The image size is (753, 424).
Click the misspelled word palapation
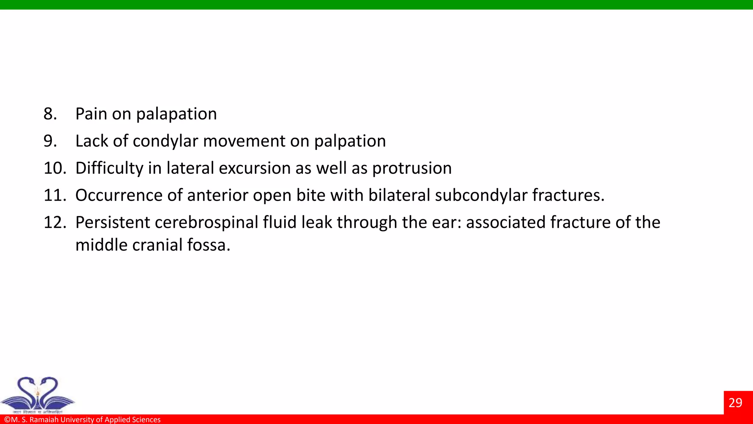pos(176,114)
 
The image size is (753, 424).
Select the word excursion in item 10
pos(255,168)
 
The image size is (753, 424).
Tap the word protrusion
pos(412,168)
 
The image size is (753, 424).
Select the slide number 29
pos(735,403)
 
